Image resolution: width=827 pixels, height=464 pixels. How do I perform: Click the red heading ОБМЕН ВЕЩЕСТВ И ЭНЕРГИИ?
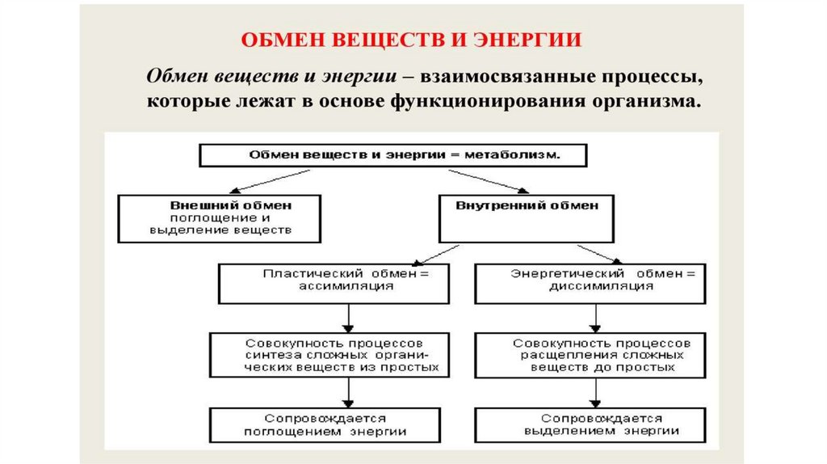413,40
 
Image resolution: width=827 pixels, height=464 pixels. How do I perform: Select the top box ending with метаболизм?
393,154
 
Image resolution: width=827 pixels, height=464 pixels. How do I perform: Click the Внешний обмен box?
220,217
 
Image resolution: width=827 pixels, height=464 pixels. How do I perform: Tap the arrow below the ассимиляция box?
347,318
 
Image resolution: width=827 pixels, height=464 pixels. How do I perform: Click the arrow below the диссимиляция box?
598,318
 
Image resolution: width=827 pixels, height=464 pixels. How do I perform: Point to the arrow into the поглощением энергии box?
347,392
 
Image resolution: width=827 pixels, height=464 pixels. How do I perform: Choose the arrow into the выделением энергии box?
598,392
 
